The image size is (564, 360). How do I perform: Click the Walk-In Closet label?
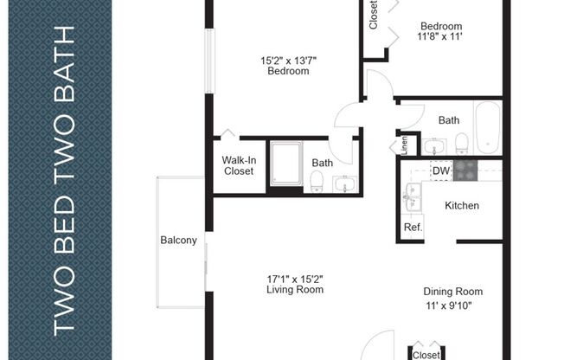coord(238,165)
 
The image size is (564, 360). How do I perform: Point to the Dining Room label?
coord(452,292)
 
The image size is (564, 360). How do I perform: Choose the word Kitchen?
coord(462,206)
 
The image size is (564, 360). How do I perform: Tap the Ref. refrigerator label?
coord(413,228)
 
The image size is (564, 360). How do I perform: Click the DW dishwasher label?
coord(441,171)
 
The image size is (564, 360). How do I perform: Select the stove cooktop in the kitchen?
coord(465,170)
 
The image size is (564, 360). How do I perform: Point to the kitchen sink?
coord(412,198)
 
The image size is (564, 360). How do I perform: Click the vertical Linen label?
coord(404,145)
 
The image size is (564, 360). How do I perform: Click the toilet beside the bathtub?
coord(461,141)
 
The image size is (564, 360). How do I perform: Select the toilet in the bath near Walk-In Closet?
coord(317,181)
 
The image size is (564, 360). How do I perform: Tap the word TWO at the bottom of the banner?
coord(67,304)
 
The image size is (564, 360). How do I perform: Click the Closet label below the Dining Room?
coord(426,355)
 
